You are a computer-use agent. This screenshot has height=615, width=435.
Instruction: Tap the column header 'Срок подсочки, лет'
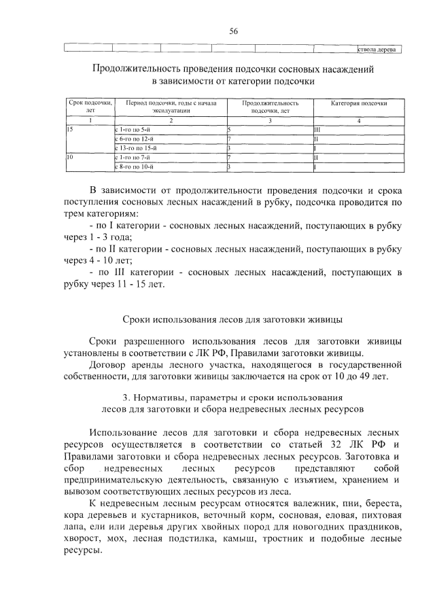tap(90, 107)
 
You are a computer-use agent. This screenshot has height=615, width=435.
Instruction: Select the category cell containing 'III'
tap(317, 128)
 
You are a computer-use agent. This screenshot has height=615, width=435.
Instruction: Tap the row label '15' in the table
tap(69, 128)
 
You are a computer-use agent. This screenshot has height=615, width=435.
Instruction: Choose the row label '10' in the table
tap(69, 157)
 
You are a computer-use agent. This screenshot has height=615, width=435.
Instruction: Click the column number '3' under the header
tap(270, 120)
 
